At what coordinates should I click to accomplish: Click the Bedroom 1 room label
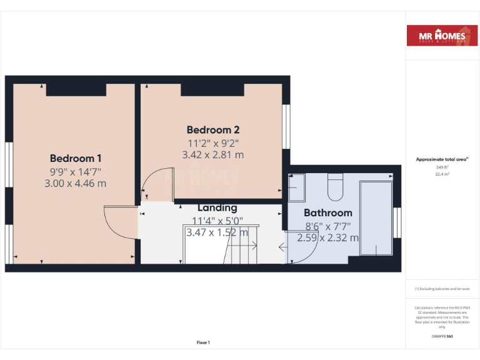pyautogui.click(x=76, y=158)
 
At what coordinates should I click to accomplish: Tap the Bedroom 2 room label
pyautogui.click(x=213, y=130)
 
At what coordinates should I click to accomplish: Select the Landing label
pyautogui.click(x=217, y=207)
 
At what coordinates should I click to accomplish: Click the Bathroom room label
pyautogui.click(x=328, y=213)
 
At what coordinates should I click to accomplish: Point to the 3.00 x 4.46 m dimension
pyautogui.click(x=76, y=183)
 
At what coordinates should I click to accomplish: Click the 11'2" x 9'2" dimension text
pyautogui.click(x=213, y=142)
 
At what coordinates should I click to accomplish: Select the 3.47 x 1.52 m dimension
pyautogui.click(x=217, y=232)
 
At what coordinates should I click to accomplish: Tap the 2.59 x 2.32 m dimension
pyautogui.click(x=328, y=237)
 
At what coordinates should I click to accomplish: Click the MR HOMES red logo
pyautogui.click(x=442, y=36)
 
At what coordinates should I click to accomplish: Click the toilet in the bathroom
pyautogui.click(x=336, y=185)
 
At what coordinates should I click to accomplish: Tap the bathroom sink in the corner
pyautogui.click(x=296, y=184)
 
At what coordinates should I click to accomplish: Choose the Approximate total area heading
pyautogui.click(x=442, y=159)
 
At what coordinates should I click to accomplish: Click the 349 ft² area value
pyautogui.click(x=442, y=167)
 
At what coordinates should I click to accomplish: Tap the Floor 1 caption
pyautogui.click(x=203, y=342)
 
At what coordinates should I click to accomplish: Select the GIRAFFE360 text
pyautogui.click(x=442, y=336)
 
